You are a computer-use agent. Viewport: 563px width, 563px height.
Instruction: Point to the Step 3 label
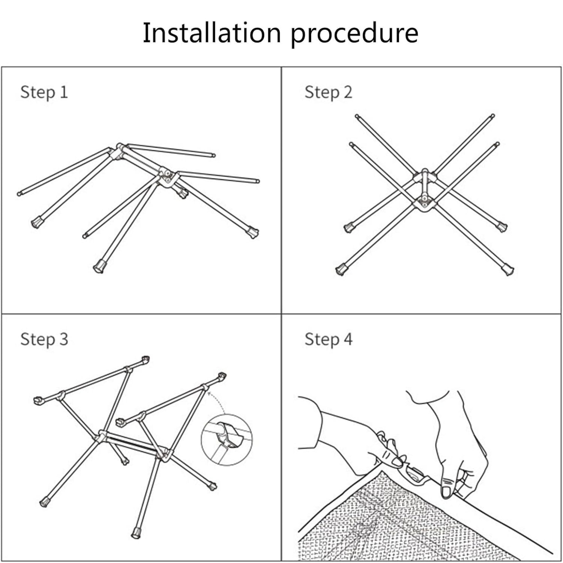point(44,339)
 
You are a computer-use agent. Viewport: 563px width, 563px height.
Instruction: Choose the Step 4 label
point(328,339)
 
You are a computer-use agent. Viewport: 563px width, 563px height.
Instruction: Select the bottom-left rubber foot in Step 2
point(341,269)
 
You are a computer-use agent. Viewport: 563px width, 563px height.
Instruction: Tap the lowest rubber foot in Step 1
point(99,266)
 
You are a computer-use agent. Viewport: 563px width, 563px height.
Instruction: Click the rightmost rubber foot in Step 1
point(252,232)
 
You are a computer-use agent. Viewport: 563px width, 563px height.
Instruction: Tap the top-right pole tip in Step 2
point(492,116)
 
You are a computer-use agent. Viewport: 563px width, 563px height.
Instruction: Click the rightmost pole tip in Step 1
point(257,181)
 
